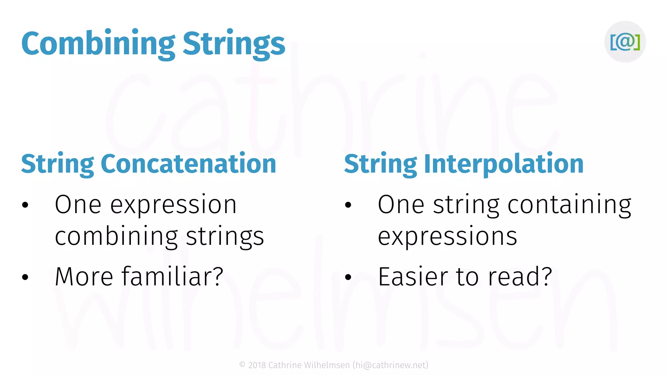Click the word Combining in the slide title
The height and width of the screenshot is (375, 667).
tap(98, 44)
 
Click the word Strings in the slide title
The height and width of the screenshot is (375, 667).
tap(234, 44)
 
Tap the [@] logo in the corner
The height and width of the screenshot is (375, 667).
tap(625, 42)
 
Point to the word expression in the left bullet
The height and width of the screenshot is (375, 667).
tap(173, 205)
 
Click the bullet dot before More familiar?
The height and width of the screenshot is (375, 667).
tap(25, 277)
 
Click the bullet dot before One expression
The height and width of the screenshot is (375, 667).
tap(25, 205)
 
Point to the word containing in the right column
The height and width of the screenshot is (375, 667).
tap(569, 205)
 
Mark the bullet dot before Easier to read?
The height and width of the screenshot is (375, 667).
tap(348, 277)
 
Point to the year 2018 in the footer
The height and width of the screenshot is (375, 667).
tap(257, 365)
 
